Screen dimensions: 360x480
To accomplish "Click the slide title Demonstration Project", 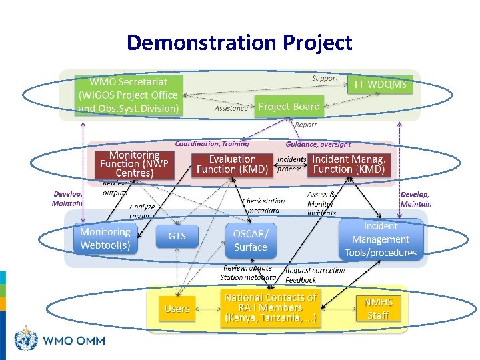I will [x=239, y=43].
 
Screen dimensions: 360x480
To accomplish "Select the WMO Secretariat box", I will [x=129, y=95].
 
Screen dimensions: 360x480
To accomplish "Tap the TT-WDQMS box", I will [x=379, y=85].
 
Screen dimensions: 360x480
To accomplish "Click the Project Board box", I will [x=289, y=107].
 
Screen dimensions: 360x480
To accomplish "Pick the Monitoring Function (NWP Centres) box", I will [x=134, y=164].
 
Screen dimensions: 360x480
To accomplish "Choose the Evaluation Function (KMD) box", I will [x=232, y=164].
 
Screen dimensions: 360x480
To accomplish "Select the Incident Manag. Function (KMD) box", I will [x=349, y=164].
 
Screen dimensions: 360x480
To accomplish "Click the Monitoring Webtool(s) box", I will [x=105, y=239].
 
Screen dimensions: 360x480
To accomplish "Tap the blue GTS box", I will [x=177, y=236].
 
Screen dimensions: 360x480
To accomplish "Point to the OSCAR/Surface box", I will [x=250, y=241].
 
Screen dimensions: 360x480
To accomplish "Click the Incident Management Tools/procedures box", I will [x=381, y=239].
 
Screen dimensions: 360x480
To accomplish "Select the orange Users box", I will [x=177, y=309].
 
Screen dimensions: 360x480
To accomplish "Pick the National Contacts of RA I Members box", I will [x=270, y=308].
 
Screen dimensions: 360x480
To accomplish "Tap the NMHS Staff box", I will [x=378, y=308].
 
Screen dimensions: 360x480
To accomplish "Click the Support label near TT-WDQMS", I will [x=325, y=78].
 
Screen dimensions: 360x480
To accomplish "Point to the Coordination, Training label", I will [x=212, y=143].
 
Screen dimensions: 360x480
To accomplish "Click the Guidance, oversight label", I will [x=318, y=143].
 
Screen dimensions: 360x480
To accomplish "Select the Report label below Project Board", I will [x=306, y=125].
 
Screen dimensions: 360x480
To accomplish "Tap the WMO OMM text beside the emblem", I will [x=73, y=341].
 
